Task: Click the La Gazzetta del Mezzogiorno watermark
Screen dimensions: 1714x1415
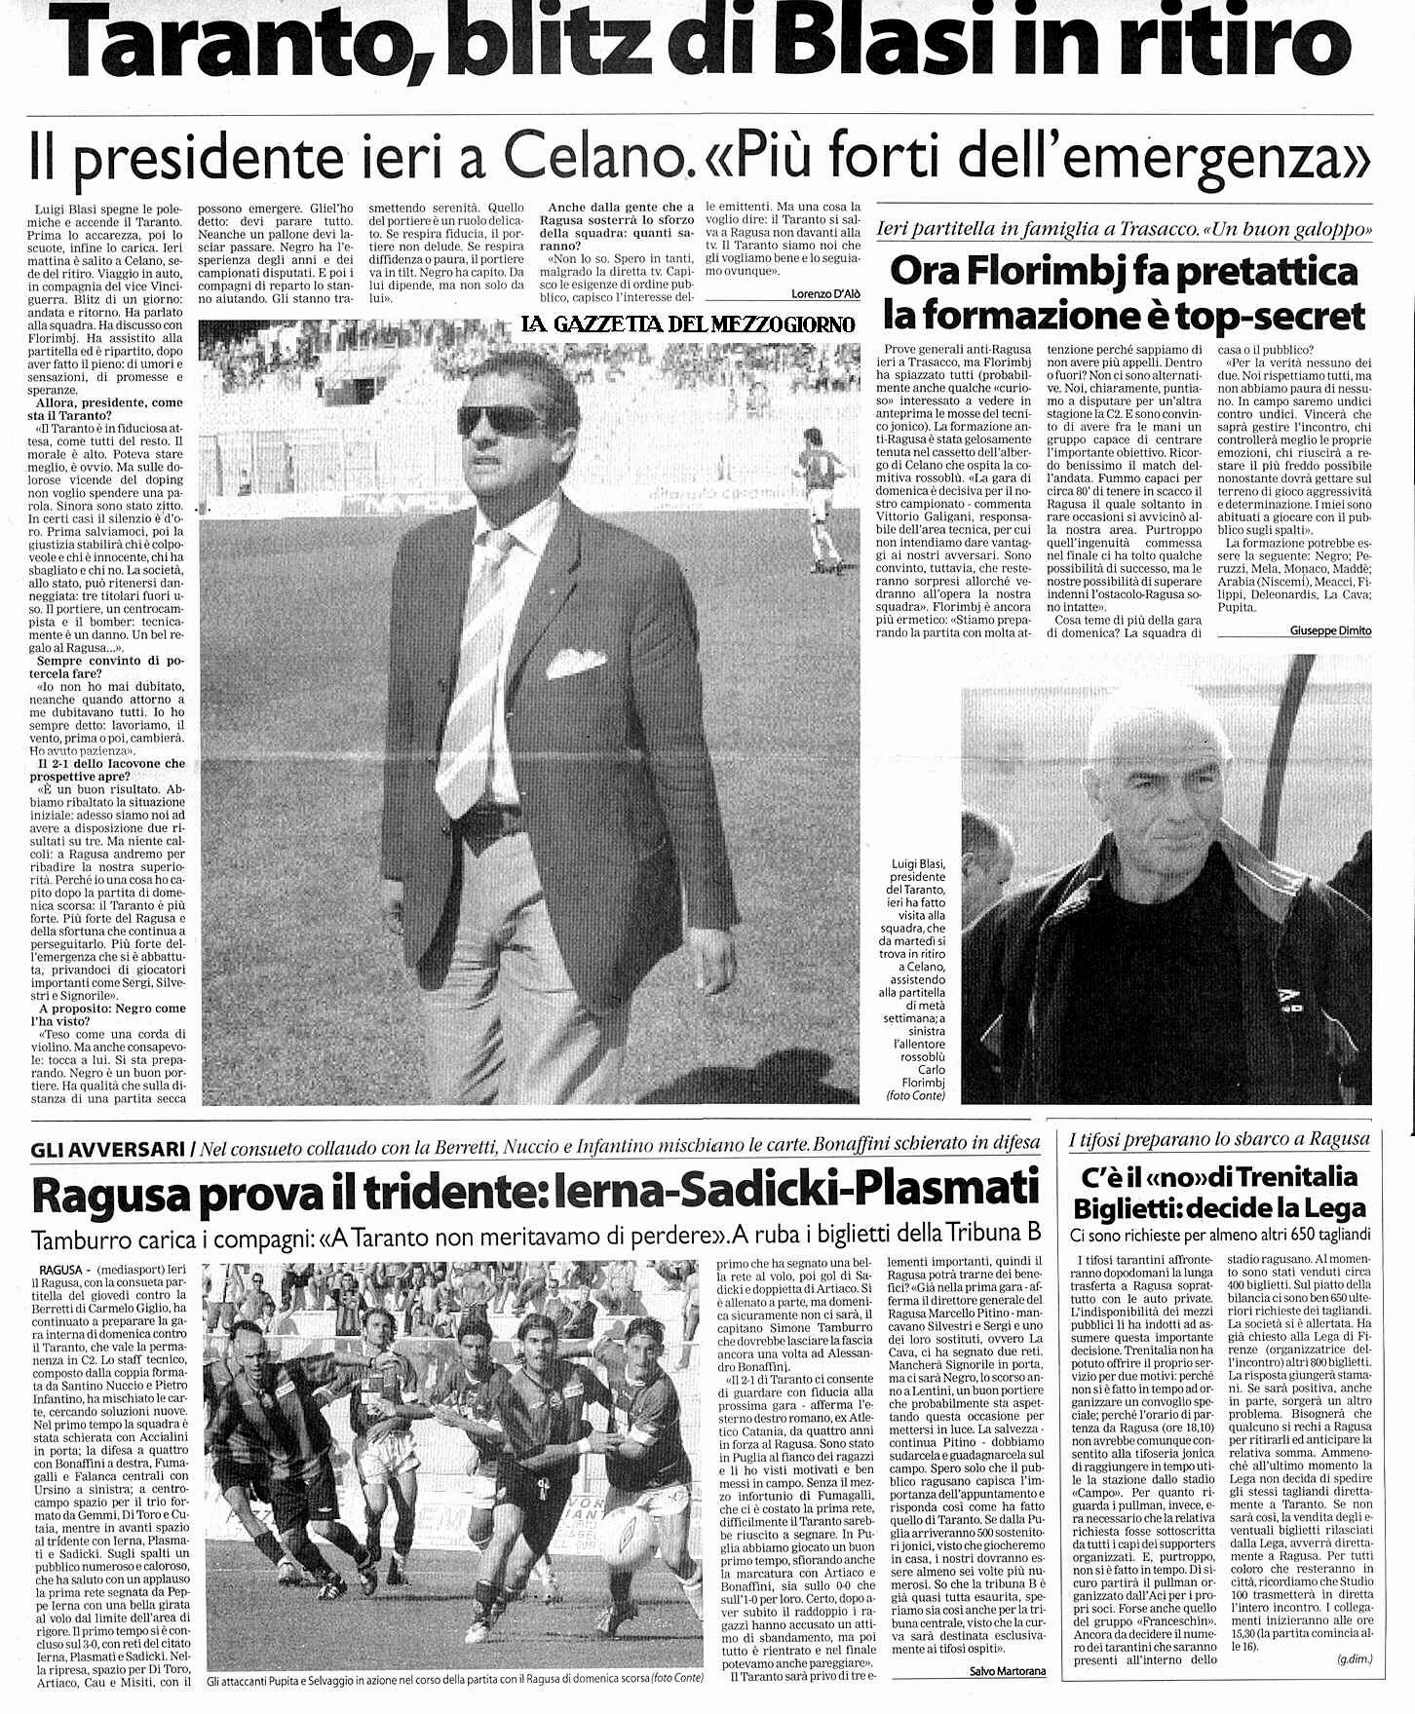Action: click(688, 324)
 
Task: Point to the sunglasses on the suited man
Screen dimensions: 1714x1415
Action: click(502, 420)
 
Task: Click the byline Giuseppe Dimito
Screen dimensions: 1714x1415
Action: click(1329, 630)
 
